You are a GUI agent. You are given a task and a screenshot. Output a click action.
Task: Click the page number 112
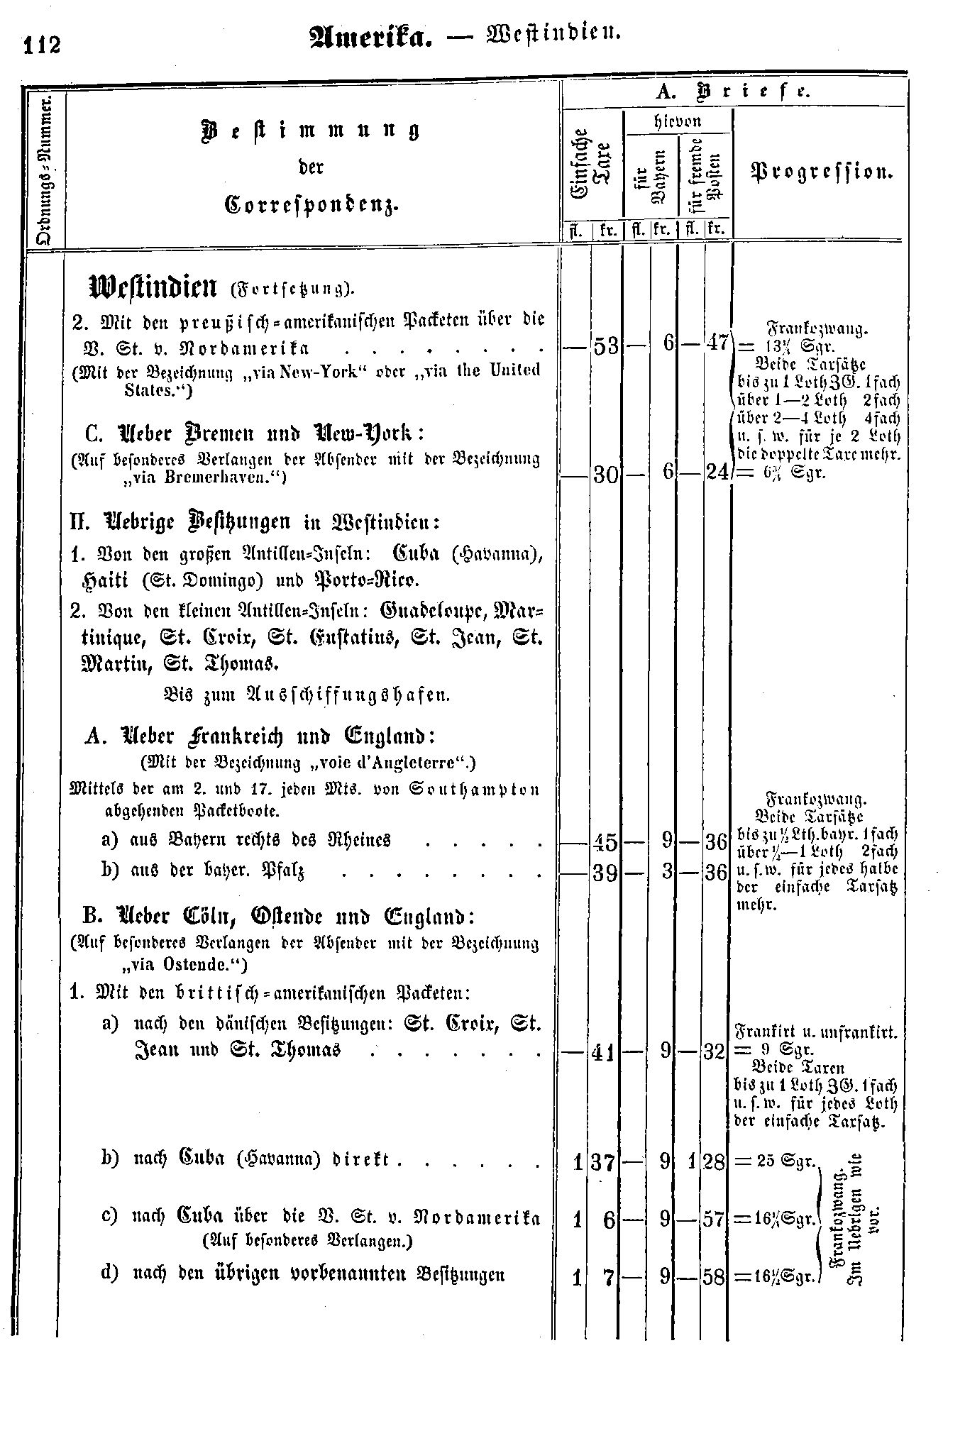[x=43, y=45]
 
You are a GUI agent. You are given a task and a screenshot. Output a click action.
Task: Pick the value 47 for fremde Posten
[x=717, y=343]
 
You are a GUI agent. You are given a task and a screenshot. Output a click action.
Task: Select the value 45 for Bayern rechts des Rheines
[x=606, y=843]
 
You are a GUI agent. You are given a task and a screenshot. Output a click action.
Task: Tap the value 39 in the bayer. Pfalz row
[x=606, y=873]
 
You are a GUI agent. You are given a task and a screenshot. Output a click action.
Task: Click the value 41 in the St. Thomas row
[x=606, y=1053]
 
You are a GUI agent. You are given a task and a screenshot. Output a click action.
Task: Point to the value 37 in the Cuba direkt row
[x=607, y=1161]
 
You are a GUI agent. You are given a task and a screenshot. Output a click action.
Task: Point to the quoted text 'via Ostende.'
[x=183, y=965]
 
